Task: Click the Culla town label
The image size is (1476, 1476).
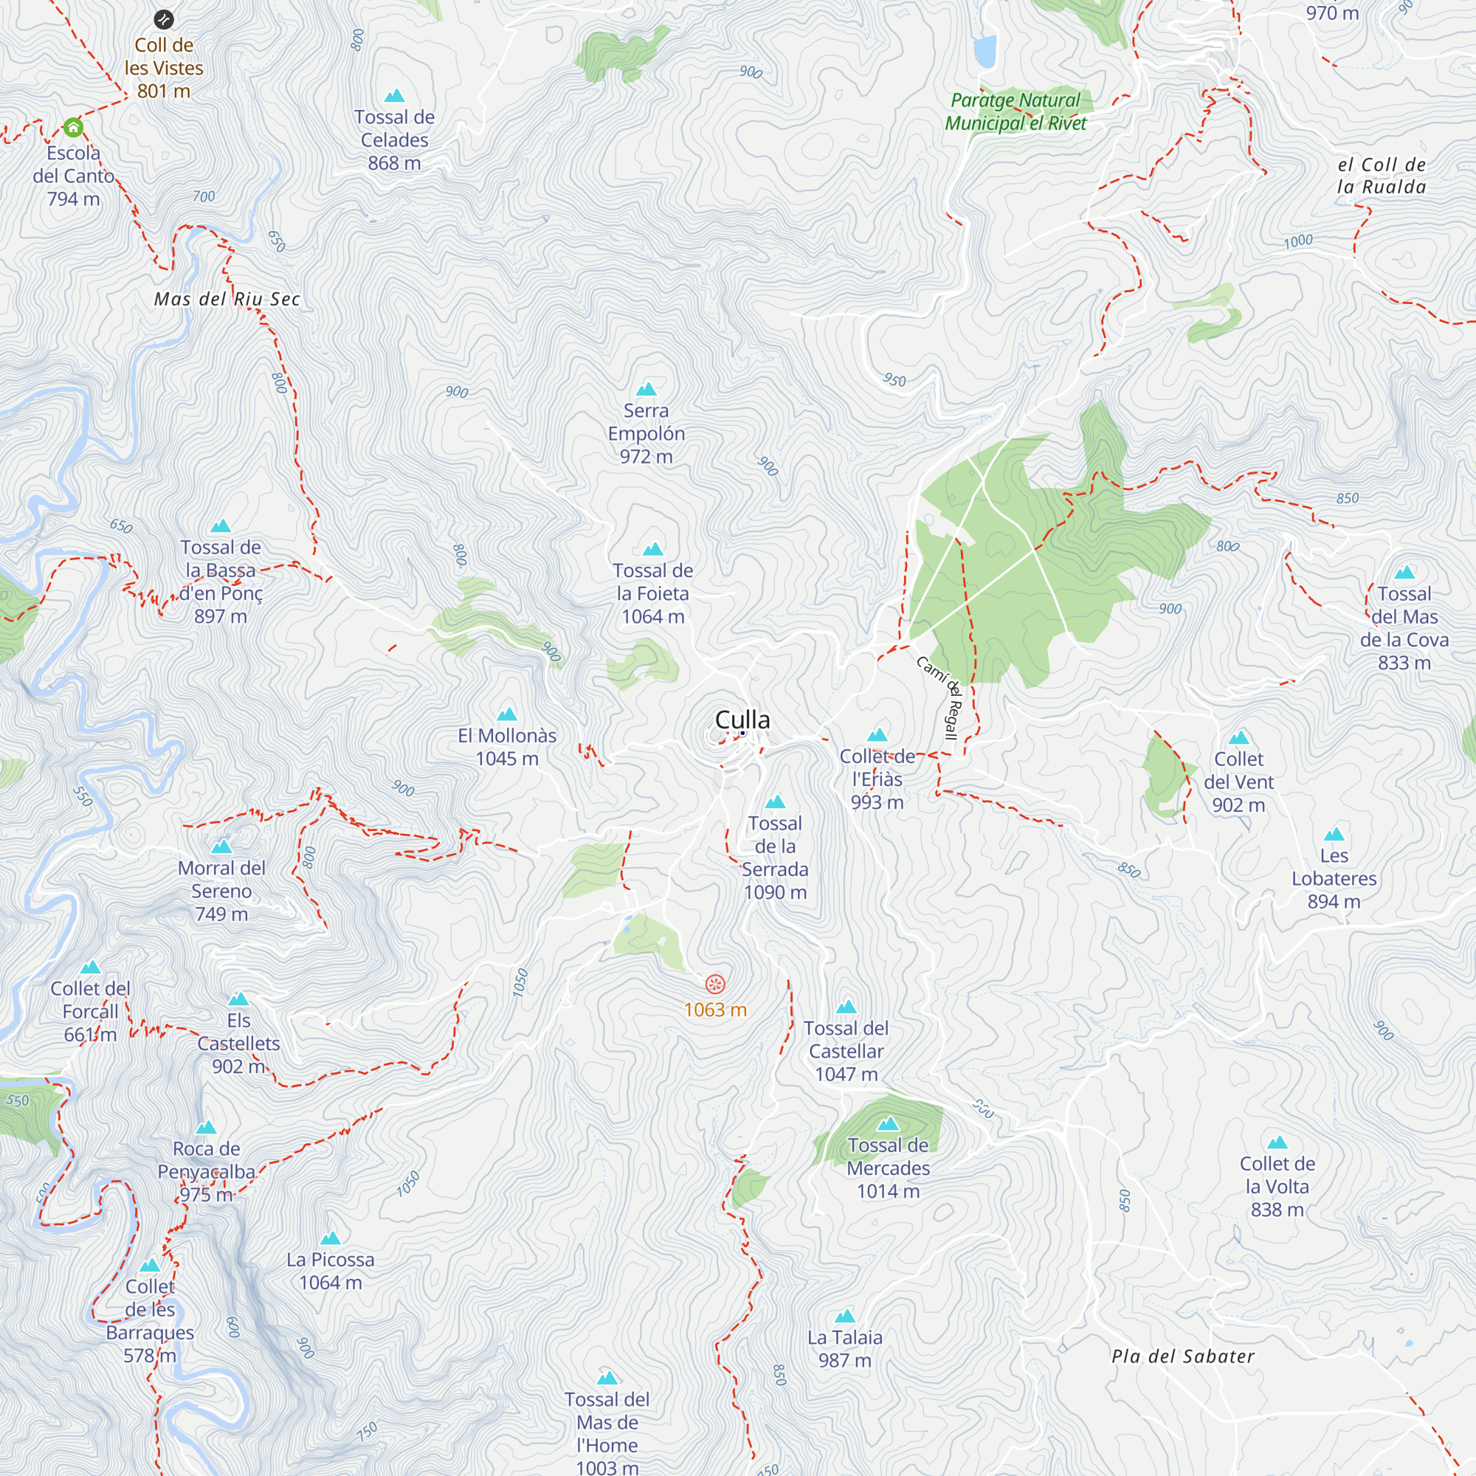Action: pos(742,720)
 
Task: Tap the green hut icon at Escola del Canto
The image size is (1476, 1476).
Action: pos(73,127)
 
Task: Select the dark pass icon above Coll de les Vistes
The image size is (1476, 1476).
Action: pos(164,20)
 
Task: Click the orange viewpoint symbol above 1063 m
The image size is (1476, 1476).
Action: pos(715,984)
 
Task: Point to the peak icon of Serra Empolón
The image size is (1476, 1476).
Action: pos(646,390)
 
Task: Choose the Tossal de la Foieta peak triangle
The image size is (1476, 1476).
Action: pos(652,549)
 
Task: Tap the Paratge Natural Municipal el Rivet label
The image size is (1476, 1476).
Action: pos(1015,111)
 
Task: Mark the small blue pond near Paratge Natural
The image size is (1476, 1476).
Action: pos(985,51)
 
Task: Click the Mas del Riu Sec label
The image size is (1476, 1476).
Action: pos(227,300)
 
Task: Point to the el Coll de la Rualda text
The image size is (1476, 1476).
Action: pos(1382,176)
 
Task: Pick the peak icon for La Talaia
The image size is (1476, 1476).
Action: pos(844,1317)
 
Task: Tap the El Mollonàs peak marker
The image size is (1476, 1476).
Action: pos(507,715)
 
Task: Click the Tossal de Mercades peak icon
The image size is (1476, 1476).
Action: pos(888,1124)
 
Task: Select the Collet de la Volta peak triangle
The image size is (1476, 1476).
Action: pos(1277,1143)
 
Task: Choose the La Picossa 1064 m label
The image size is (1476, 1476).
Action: pos(330,1272)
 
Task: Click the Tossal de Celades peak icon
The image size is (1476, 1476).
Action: pos(394,96)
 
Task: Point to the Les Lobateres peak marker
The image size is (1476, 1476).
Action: pos(1334,834)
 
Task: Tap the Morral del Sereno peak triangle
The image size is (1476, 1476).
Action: pos(221,846)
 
